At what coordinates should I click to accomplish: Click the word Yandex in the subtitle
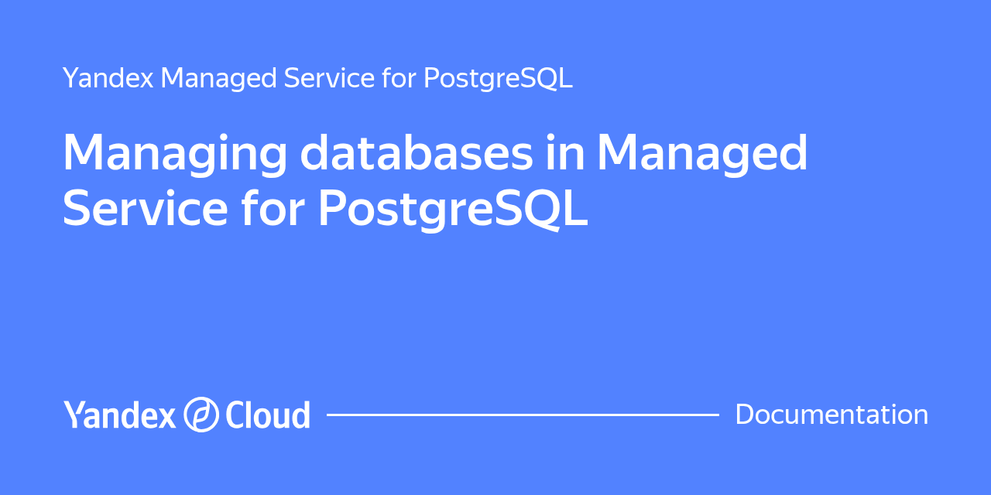[108, 78]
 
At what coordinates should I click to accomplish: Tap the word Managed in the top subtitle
[218, 79]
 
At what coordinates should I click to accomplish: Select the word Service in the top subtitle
[329, 78]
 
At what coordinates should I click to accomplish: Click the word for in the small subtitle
[399, 78]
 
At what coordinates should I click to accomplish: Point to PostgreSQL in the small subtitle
[498, 79]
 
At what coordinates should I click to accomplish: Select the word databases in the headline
[417, 152]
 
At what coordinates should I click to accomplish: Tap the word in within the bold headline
[565, 152]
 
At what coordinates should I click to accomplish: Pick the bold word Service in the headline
[146, 208]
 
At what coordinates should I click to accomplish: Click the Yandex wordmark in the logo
[119, 415]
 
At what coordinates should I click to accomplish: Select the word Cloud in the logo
[268, 415]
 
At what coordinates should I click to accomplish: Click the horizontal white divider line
[523, 415]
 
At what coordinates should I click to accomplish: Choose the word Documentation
[832, 415]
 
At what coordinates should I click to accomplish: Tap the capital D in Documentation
[746, 415]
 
